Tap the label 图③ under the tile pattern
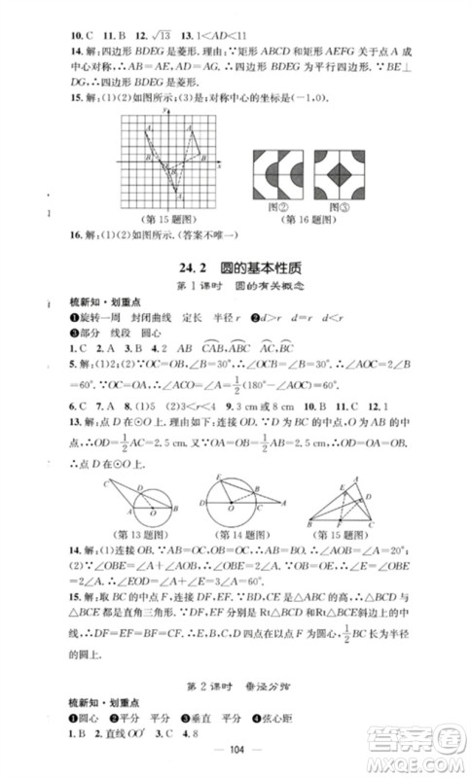pos(341,203)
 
